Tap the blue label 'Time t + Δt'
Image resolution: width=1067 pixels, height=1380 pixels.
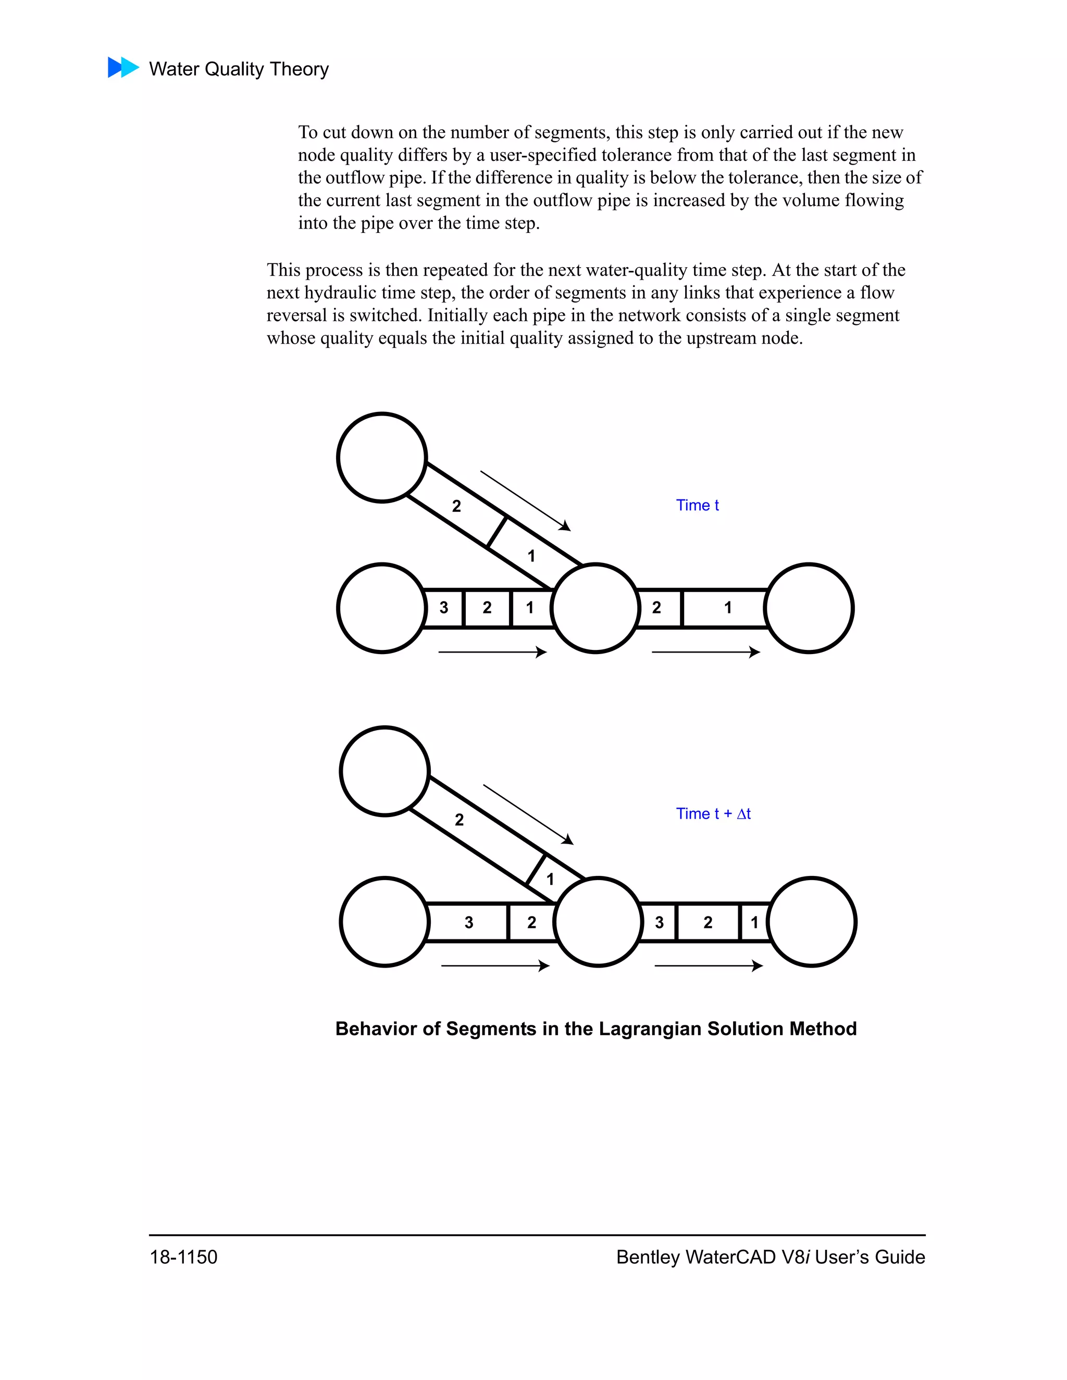713,813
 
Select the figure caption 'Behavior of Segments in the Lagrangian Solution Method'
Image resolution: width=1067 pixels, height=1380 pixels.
595,1028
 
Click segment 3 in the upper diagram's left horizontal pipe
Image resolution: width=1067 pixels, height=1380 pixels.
444,608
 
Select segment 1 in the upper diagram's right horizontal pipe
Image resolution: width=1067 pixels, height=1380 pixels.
727,608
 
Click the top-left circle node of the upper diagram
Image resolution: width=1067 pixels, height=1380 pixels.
382,457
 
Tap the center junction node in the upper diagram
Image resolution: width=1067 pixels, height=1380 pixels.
595,608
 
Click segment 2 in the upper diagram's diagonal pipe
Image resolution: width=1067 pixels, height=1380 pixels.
456,506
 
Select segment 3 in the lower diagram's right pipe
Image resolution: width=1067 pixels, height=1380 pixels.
659,923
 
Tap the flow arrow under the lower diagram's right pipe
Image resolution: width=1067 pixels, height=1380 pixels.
708,965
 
